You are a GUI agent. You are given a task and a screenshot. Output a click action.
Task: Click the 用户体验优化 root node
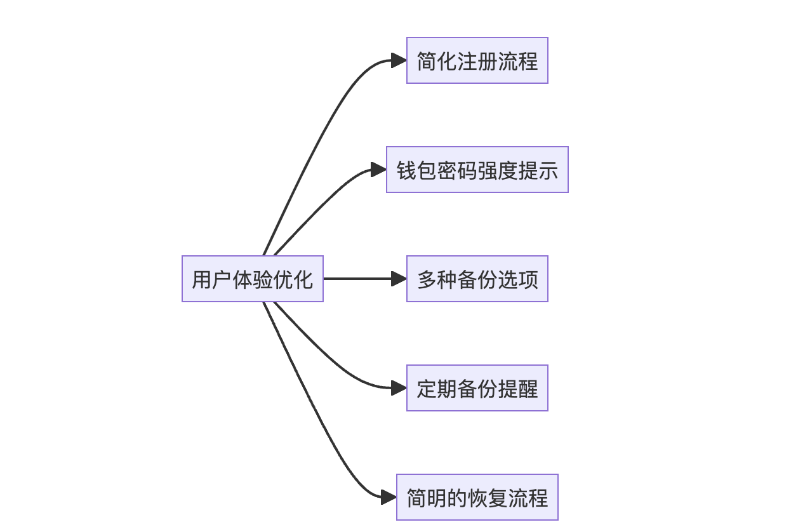pyautogui.click(x=253, y=279)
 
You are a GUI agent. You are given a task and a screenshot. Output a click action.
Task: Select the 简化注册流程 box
pyautogui.click(x=477, y=60)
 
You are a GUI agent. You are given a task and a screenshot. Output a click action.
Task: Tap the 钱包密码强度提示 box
pyautogui.click(x=477, y=170)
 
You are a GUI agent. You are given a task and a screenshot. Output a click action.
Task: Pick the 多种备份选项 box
pyautogui.click(x=477, y=279)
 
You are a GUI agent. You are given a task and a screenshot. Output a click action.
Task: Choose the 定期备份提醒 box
pyautogui.click(x=477, y=388)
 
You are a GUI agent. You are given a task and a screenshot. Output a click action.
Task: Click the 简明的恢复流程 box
pyautogui.click(x=477, y=497)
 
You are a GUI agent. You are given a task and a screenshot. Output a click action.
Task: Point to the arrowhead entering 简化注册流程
pyautogui.click(x=399, y=60)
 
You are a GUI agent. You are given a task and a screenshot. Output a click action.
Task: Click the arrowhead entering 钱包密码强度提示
pyautogui.click(x=379, y=170)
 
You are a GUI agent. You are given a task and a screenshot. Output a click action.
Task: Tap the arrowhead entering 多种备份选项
pyautogui.click(x=399, y=279)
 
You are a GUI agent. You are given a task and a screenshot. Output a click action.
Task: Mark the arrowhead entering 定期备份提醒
pyautogui.click(x=399, y=388)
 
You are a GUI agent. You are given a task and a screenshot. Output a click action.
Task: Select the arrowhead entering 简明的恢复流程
pyautogui.click(x=389, y=497)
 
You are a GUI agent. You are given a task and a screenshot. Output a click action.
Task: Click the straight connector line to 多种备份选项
pyautogui.click(x=359, y=279)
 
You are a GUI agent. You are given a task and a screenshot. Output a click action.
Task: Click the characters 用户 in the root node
pyautogui.click(x=212, y=279)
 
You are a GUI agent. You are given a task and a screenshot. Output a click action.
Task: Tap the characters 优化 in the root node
pyautogui.click(x=293, y=279)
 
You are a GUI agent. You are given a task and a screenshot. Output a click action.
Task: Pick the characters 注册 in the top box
pyautogui.click(x=477, y=61)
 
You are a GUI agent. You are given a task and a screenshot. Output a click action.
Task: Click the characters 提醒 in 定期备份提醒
pyautogui.click(x=518, y=389)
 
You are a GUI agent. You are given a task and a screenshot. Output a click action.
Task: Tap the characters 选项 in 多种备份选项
pyautogui.click(x=518, y=279)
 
